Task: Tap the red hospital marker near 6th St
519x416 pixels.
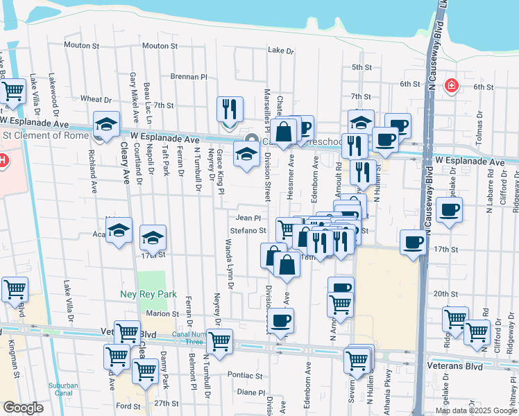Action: point(452,85)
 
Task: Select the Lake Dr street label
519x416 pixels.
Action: point(281,51)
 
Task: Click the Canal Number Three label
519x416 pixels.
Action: point(190,338)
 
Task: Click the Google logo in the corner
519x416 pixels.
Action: point(23,408)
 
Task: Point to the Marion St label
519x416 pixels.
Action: point(163,313)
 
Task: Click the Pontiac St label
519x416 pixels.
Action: point(245,375)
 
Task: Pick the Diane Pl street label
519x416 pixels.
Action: point(247,391)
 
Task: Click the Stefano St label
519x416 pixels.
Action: point(248,230)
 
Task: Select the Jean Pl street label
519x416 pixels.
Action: point(248,218)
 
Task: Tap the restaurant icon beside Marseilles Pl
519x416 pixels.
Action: point(230,110)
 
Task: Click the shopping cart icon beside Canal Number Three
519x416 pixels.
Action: point(219,341)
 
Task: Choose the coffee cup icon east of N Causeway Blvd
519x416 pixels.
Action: point(450,209)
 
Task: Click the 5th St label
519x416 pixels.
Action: point(361,67)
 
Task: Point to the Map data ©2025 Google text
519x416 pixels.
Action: point(476,410)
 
